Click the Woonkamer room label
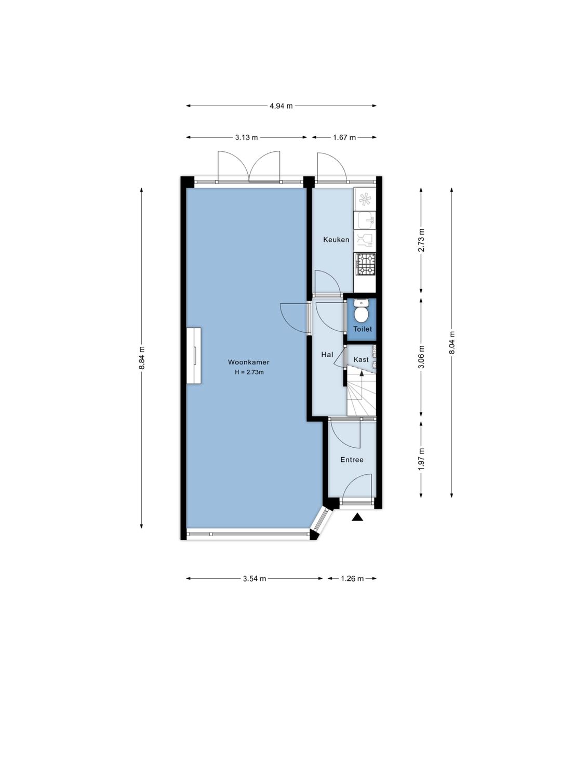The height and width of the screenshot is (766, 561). point(248,362)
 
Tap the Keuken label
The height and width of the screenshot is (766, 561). point(336,240)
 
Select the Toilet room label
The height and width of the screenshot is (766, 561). point(362,329)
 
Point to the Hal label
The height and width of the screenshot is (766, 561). point(327,355)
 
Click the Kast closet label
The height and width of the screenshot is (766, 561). point(361,359)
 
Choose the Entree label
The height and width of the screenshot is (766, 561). point(352,460)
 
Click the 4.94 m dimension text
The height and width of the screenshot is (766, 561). point(280,106)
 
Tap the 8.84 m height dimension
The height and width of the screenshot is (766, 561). point(141,358)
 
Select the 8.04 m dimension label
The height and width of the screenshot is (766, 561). point(451,343)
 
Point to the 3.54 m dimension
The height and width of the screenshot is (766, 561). point(255,578)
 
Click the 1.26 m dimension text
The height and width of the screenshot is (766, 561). point(352,578)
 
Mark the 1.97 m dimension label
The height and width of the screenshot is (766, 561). point(421,459)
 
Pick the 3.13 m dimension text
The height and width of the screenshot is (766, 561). point(246,138)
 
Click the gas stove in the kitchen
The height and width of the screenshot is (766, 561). point(365,264)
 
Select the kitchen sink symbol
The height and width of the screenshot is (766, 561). point(365,220)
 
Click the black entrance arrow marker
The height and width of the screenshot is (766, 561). point(357,517)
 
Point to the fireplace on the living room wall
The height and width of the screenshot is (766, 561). point(194,356)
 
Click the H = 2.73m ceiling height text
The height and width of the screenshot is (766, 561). point(249,372)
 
